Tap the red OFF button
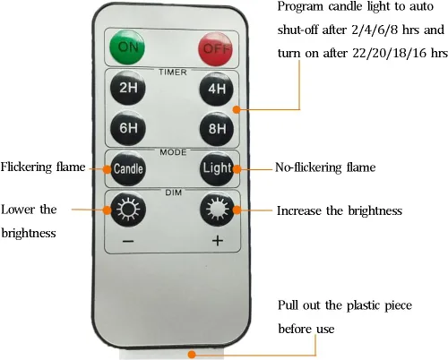pos(216,48)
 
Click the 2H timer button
pos(128,88)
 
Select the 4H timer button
pos(217,89)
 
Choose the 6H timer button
pos(128,128)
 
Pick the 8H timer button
pos(217,129)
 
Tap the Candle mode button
pos(128,168)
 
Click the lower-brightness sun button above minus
pos(128,209)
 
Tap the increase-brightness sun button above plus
pos(217,209)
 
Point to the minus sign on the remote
pos(128,241)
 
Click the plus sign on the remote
pos(218,240)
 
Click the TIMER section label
pos(173,73)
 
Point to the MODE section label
pos(173,152)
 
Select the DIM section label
pos(174,193)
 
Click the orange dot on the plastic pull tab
pos(192,355)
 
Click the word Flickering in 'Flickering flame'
pos(26,167)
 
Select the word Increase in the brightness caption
pos(299,210)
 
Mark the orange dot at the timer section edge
pos(237,109)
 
